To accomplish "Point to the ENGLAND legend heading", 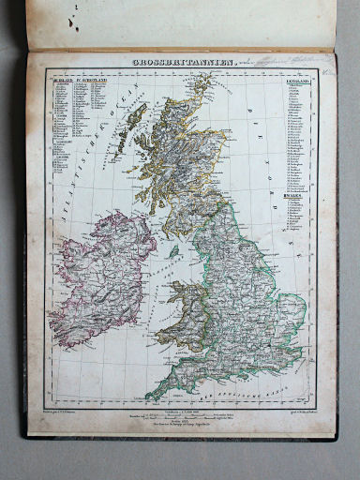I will pos(298,82).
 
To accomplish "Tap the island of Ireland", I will pos(100,277).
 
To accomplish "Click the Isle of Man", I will pos(173,252).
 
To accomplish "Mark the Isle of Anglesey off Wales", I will pos(180,285).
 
